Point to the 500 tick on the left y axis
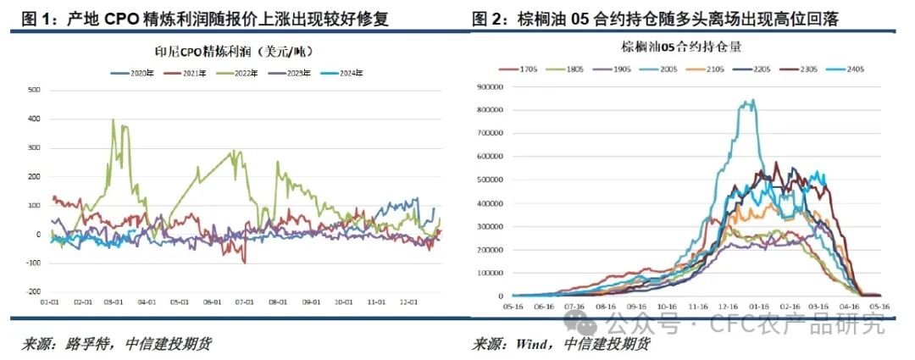[x=34, y=90]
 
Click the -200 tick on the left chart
[x=33, y=291]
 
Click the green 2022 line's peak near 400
[x=114, y=119]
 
